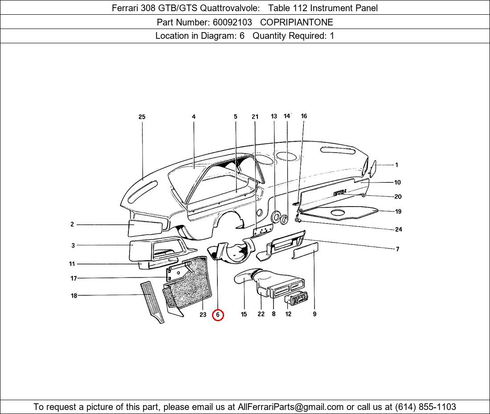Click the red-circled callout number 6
tap(218, 315)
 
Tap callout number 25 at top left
tap(142, 117)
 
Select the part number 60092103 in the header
tap(232, 22)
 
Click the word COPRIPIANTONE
tap(296, 22)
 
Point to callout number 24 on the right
tap(398, 229)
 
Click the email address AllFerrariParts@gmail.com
tap(291, 407)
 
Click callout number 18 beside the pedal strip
tap(74, 295)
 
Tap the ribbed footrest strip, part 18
tap(152, 302)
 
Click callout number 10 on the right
tap(397, 182)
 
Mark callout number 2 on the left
tap(72, 224)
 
